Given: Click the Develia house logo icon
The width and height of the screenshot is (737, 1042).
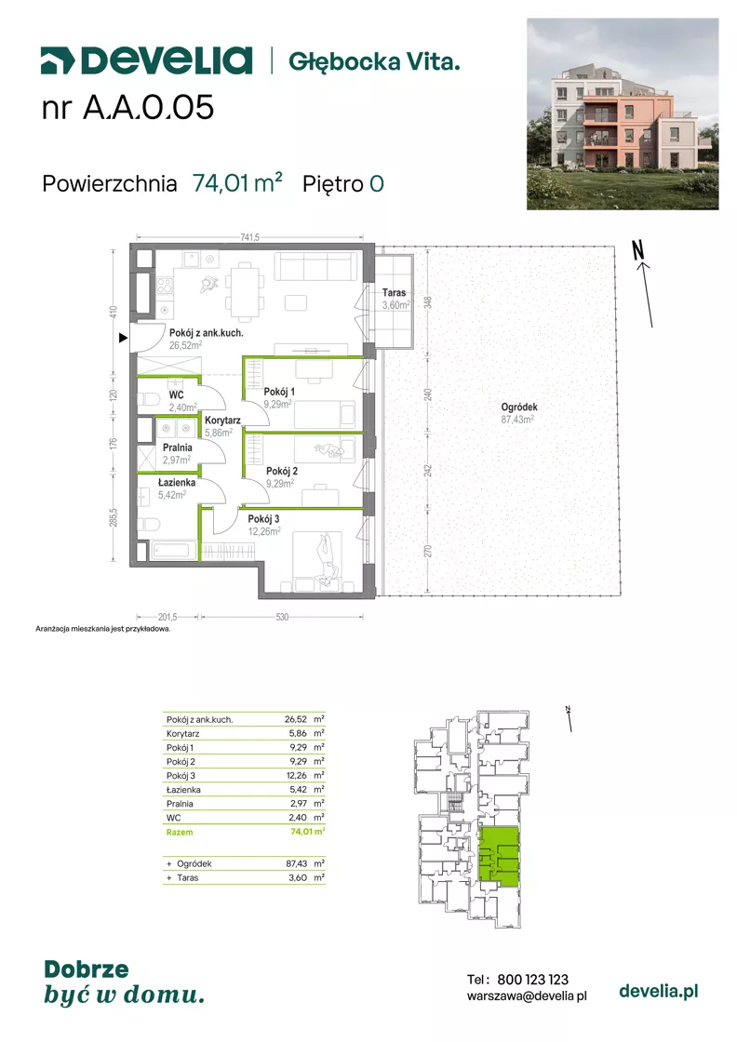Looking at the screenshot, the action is point(57,60).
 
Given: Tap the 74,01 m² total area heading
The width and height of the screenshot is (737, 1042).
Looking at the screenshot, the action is point(237,182).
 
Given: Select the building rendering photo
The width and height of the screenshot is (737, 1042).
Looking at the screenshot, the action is point(623,114).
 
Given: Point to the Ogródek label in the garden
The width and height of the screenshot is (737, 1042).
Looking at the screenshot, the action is point(519,407).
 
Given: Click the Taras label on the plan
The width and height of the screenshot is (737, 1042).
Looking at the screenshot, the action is point(394,292).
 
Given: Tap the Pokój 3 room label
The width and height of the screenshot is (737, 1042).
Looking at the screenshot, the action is point(264,518).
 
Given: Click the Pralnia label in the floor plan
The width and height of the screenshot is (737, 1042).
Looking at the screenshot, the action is point(178,448).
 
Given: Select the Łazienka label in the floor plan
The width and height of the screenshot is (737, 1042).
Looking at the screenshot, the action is point(177,483).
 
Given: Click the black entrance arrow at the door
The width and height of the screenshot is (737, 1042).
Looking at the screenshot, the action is point(123,339).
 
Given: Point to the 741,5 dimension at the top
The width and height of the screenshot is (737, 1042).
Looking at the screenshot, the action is point(250,237).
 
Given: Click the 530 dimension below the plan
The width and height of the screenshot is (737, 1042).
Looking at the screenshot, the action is point(283,618).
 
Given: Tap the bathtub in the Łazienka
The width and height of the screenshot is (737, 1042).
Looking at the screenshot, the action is point(174,550).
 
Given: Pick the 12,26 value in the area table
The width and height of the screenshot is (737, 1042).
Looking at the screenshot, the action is point(296,776).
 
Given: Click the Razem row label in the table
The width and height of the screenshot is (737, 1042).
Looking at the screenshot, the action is point(180,832).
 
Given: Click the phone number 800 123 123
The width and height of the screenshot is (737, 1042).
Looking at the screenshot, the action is point(533,980).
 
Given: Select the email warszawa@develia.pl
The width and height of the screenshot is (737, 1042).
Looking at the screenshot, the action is point(527,995).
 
